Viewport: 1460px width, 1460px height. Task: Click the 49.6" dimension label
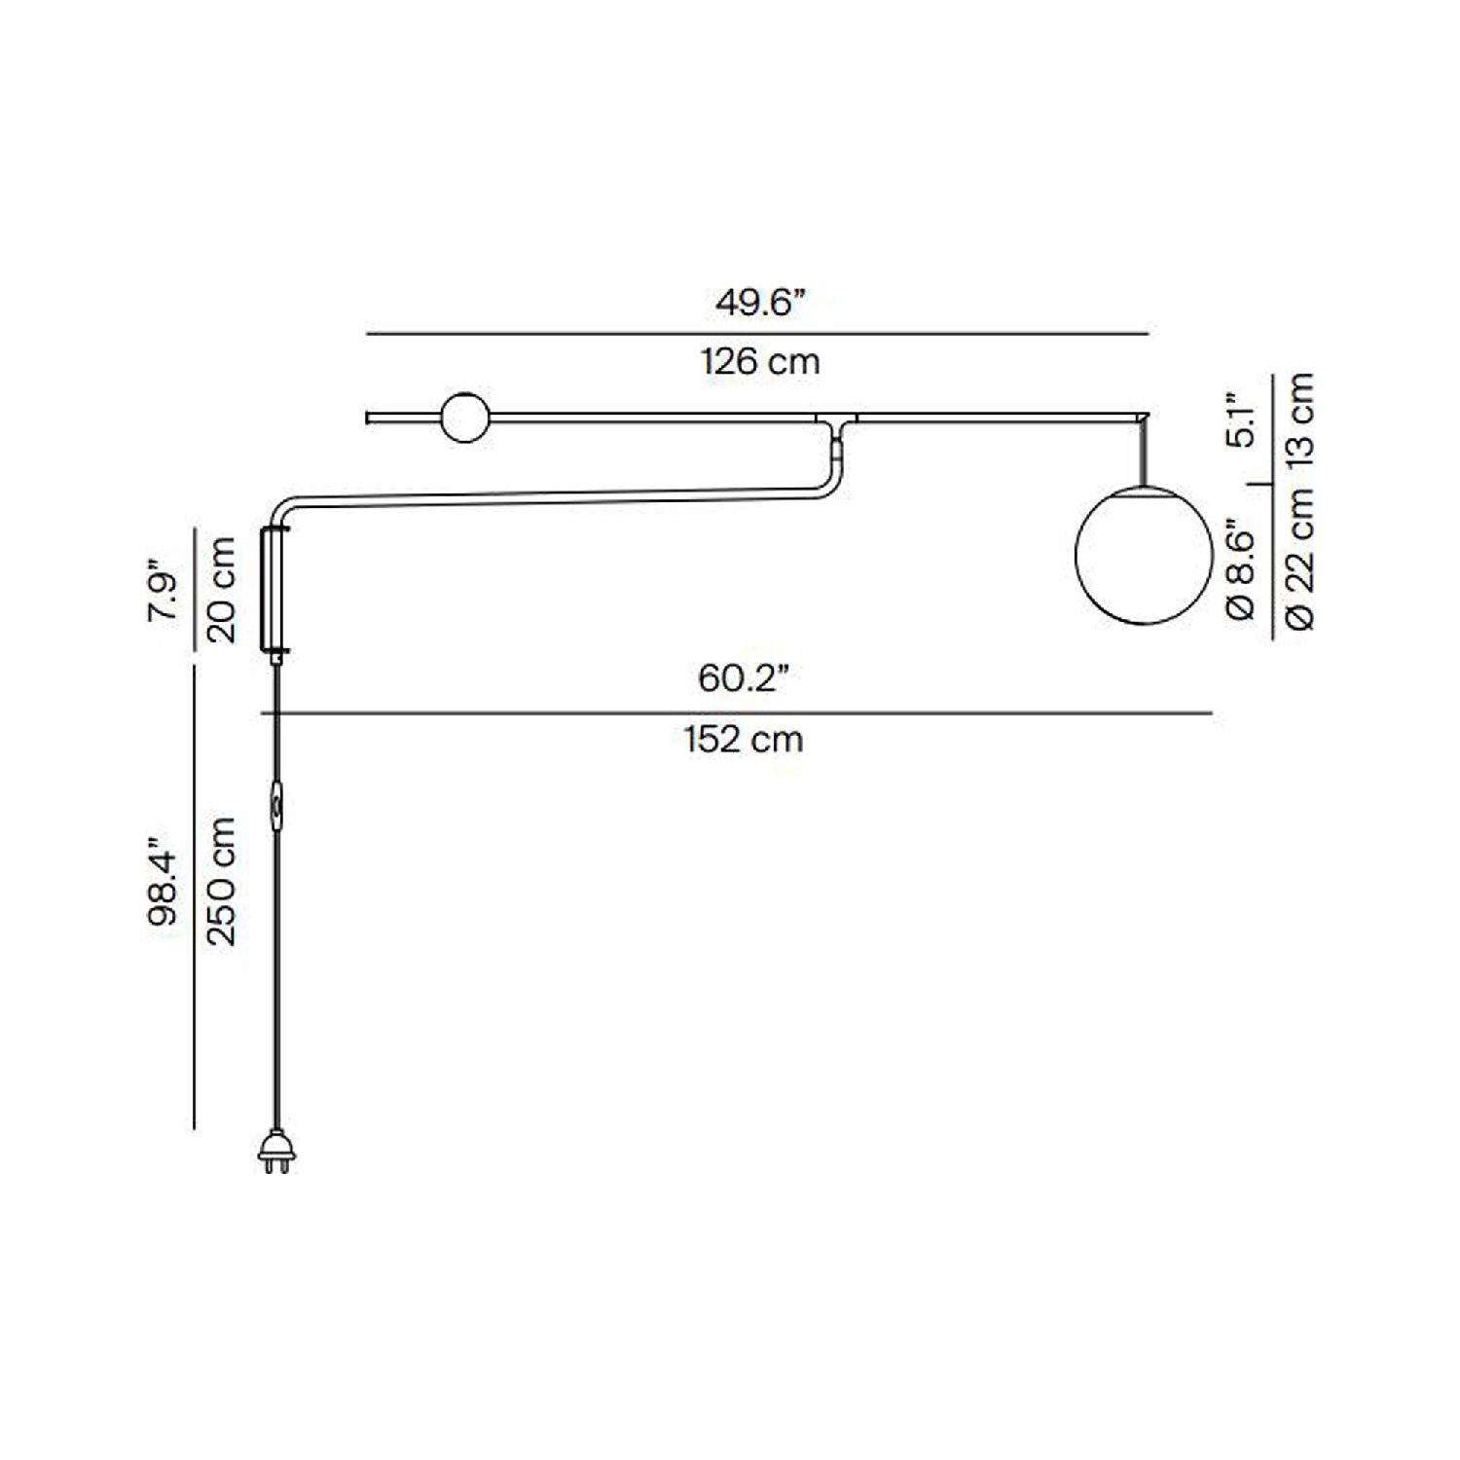coord(761,303)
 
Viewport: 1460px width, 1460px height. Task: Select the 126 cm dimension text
coord(760,362)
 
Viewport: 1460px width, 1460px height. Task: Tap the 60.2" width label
coord(743,677)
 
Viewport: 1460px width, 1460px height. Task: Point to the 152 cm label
coord(744,740)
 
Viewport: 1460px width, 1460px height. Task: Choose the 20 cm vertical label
coord(222,589)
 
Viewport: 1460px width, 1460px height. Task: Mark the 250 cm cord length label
coord(222,881)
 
